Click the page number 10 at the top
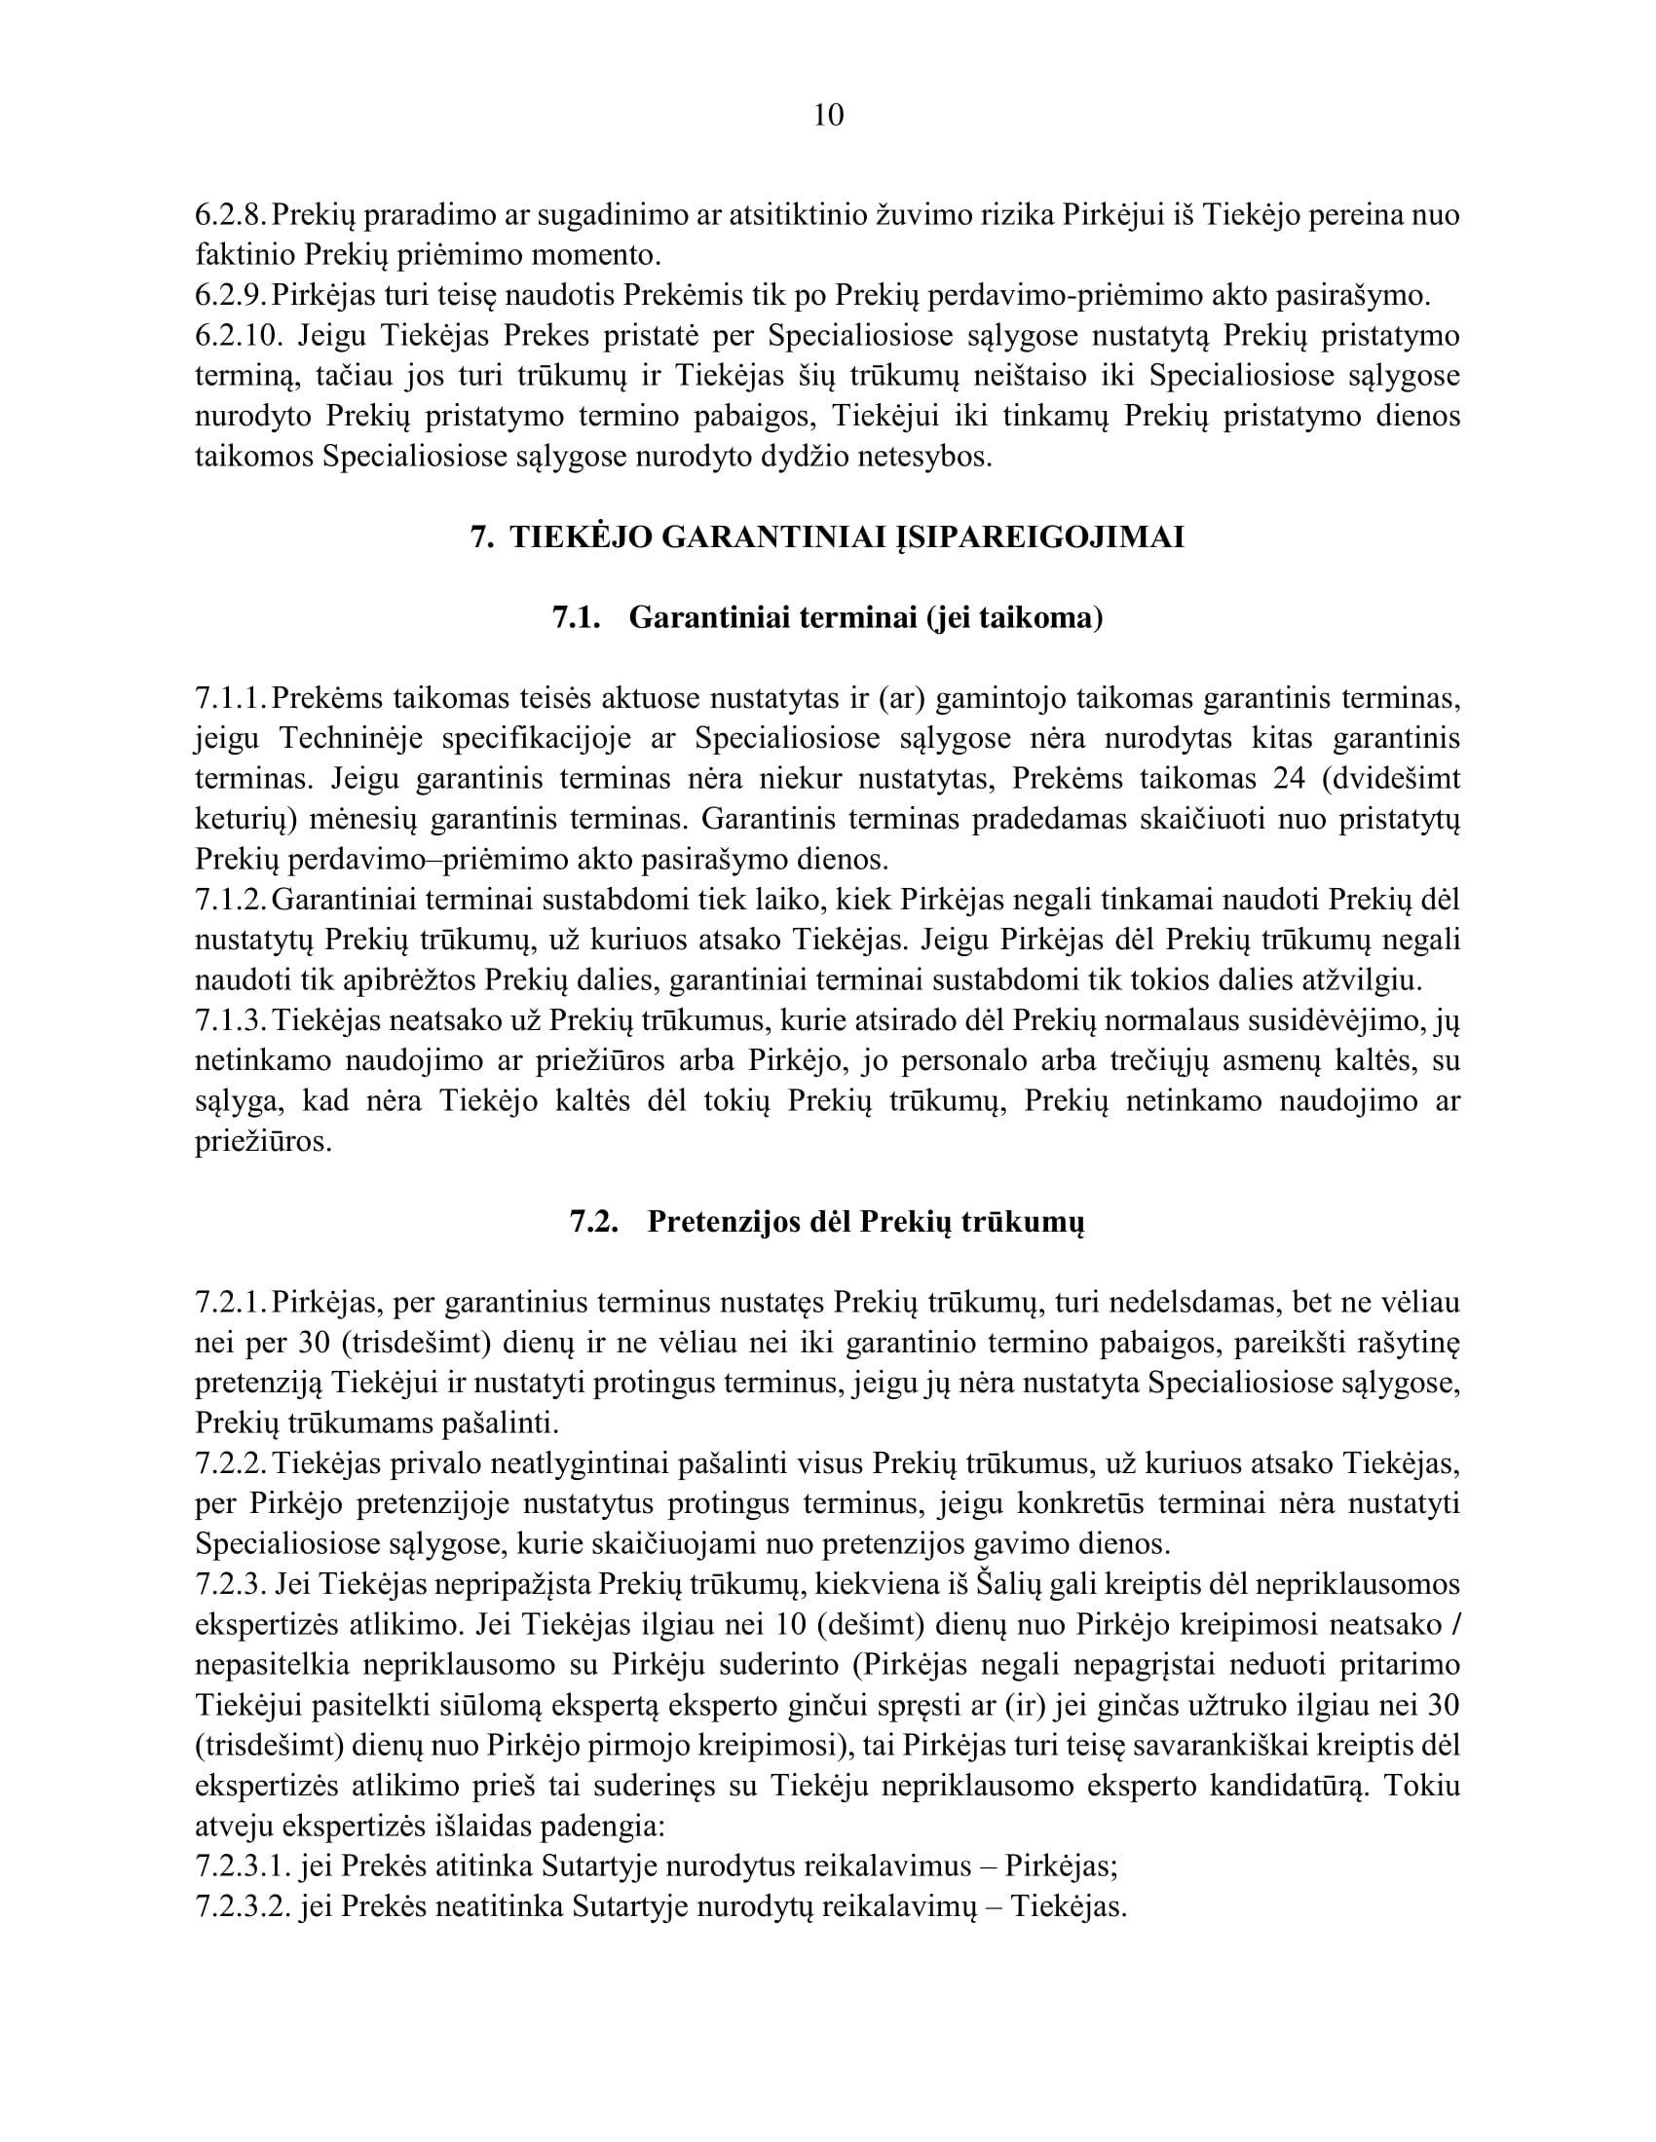click(x=828, y=116)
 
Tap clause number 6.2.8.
click(x=232, y=215)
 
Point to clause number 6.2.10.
click(x=239, y=336)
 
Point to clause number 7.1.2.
click(x=232, y=900)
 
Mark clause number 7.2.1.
click(x=232, y=1303)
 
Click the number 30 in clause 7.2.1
click(x=313, y=1343)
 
